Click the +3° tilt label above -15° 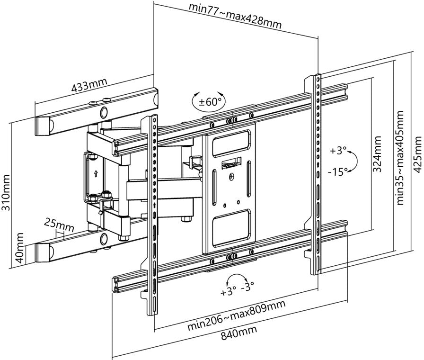338,151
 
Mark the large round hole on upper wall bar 104,112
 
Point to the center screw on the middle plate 231,178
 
